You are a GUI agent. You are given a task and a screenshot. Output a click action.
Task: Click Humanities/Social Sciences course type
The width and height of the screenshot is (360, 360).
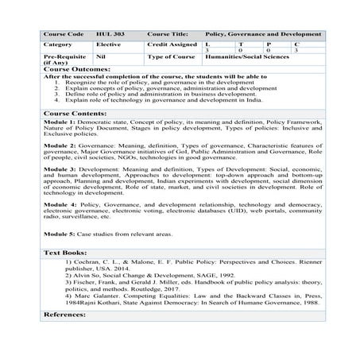click(x=248, y=57)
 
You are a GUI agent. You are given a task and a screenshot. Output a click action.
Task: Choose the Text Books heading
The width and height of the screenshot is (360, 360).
click(x=64, y=252)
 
